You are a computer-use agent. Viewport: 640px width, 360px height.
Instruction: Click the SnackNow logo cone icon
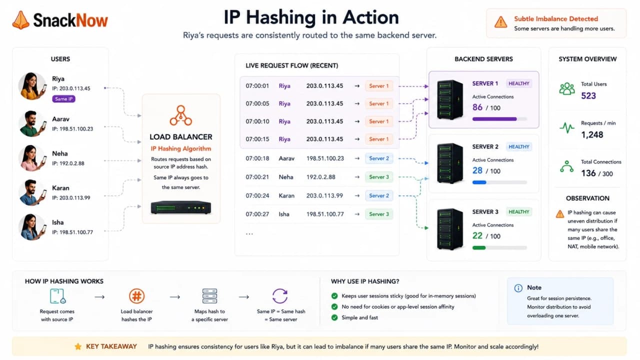[20, 20]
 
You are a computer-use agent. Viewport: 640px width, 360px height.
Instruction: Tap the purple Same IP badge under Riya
[63, 99]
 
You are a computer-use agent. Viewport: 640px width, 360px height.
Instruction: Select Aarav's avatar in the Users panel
[32, 123]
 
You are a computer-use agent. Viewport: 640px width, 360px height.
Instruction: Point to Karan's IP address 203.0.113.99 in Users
[71, 197]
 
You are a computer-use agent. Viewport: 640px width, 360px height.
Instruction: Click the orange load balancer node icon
[180, 115]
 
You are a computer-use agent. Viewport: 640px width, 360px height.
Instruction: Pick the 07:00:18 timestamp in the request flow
[257, 158]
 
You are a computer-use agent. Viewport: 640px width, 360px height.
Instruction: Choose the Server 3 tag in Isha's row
[379, 214]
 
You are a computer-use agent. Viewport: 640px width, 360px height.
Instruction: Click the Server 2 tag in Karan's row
[379, 195]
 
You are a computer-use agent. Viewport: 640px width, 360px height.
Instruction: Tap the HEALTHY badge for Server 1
[519, 83]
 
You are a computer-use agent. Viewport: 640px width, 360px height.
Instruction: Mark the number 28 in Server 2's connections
[477, 170]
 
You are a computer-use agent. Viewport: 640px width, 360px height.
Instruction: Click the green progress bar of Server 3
[479, 247]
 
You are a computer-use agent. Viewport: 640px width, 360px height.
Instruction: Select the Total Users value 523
[588, 95]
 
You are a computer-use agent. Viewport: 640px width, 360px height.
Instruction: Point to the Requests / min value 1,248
[592, 135]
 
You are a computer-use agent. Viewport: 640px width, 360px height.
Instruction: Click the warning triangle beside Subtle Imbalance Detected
[500, 22]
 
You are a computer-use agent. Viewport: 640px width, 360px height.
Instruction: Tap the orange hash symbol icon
[136, 296]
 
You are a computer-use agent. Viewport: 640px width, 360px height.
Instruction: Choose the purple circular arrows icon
[279, 296]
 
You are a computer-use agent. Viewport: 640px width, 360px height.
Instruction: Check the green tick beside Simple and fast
[334, 317]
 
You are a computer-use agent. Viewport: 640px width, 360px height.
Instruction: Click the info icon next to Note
[518, 288]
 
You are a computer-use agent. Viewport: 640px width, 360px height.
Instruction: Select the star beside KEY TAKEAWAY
[77, 346]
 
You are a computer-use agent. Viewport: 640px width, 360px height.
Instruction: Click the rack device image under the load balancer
[180, 207]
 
